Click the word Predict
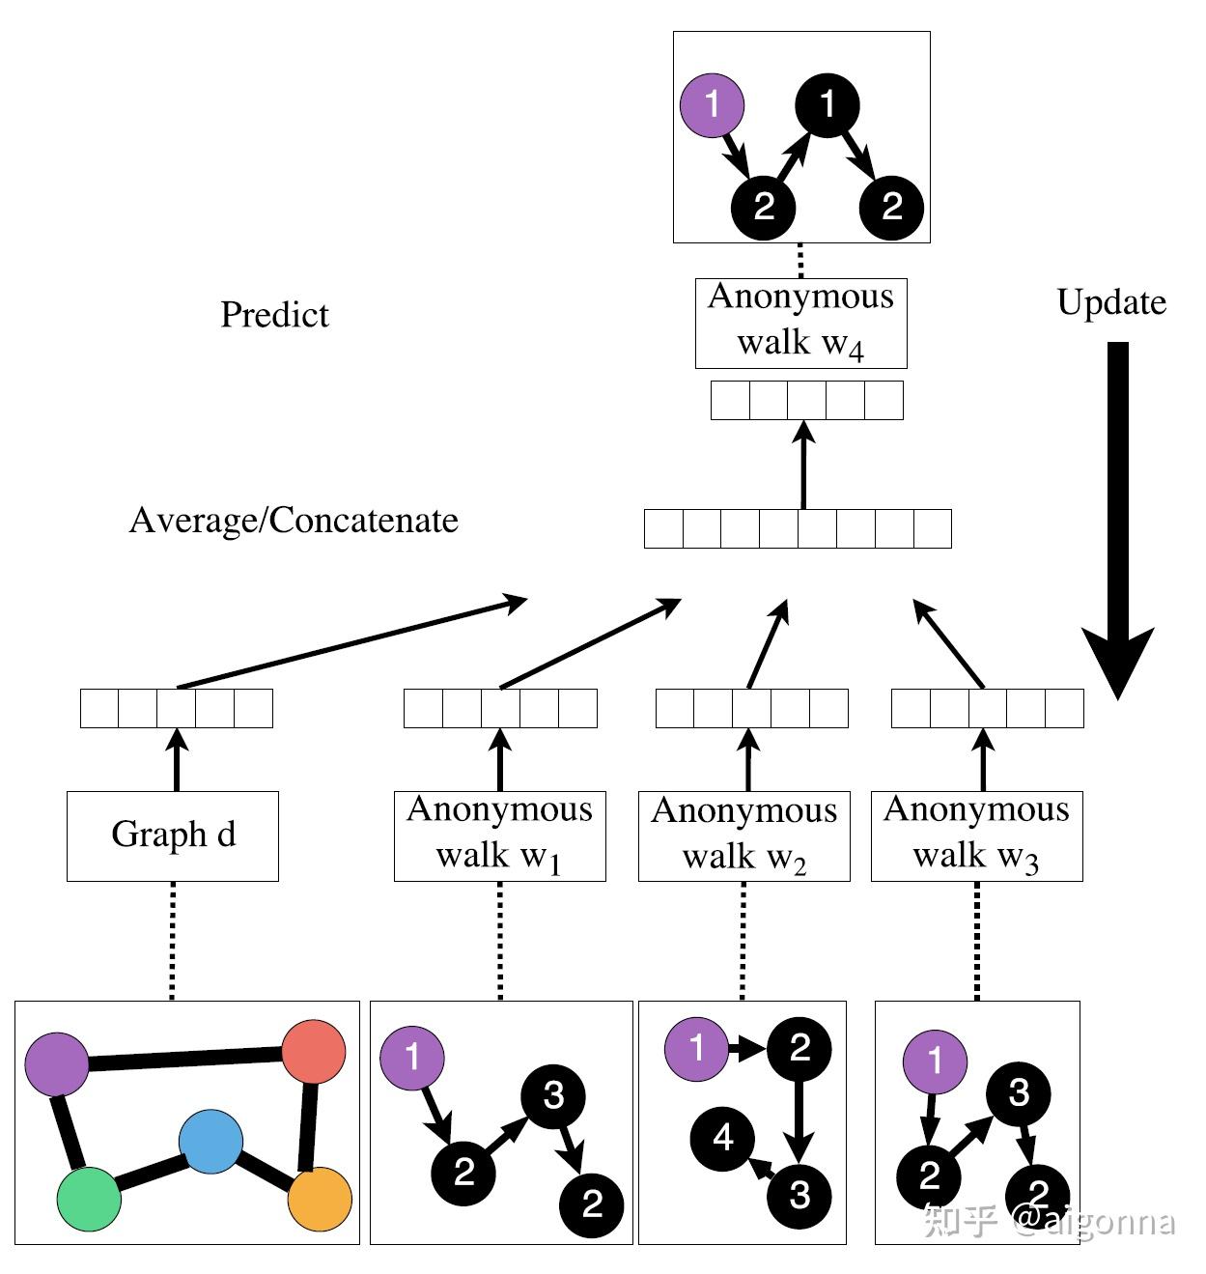click(x=274, y=315)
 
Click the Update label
click(x=1111, y=302)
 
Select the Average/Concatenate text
click(x=294, y=521)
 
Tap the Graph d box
click(x=173, y=835)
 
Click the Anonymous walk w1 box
click(x=499, y=835)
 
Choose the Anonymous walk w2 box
click(x=743, y=835)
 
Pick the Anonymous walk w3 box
click(x=976, y=835)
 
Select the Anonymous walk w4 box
click(x=800, y=323)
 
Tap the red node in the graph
click(x=314, y=1052)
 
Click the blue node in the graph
click(x=210, y=1141)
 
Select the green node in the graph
click(x=89, y=1199)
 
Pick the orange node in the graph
click(x=320, y=1199)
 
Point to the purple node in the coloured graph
click(x=58, y=1064)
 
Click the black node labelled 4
click(x=722, y=1138)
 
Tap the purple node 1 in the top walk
click(x=713, y=104)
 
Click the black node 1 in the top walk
click(x=827, y=104)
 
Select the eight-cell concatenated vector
click(x=798, y=528)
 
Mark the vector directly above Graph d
click(x=176, y=708)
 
